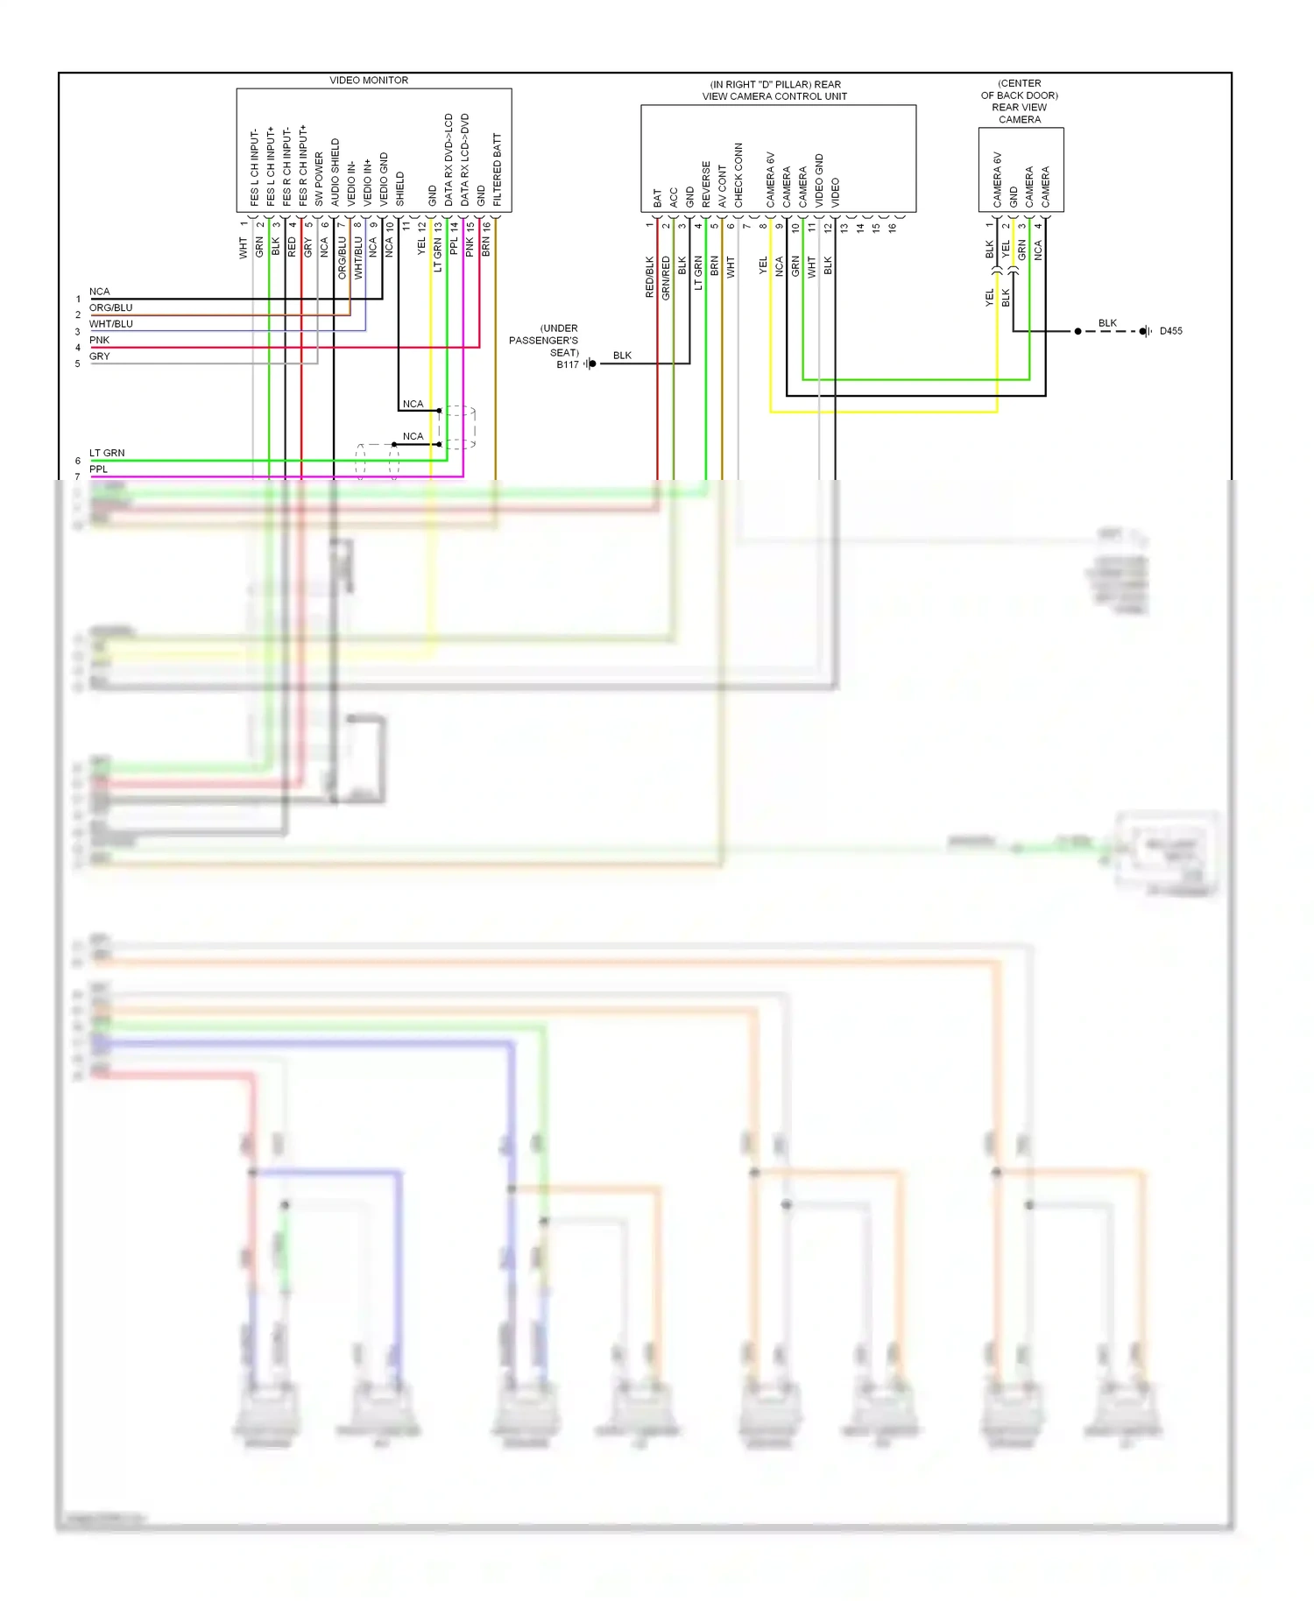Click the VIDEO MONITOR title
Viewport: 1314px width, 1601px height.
coord(369,80)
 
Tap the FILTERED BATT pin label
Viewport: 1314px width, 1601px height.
coord(498,170)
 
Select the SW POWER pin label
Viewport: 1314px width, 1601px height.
coord(319,180)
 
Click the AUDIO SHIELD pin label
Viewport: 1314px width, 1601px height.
coord(336,173)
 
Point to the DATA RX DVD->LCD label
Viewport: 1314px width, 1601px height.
coord(449,160)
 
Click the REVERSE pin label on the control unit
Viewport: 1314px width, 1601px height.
coord(706,184)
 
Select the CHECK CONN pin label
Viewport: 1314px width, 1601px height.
coord(738,175)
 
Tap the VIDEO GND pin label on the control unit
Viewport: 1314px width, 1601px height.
coord(819,180)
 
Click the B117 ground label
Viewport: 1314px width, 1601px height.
coord(567,364)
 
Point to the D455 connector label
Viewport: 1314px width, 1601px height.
coord(1170,331)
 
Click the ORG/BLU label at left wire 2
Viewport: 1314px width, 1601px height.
coord(110,307)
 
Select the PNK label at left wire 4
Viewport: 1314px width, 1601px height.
coord(99,340)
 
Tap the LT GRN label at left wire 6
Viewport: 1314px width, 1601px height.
coord(107,453)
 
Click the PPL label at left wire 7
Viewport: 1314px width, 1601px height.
coord(98,469)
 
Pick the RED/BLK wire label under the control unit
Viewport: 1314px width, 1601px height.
coord(650,277)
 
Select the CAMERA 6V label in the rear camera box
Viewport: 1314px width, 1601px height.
coord(997,180)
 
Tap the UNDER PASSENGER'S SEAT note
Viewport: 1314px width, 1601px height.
coord(544,340)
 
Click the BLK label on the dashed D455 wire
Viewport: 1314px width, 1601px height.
coord(1107,323)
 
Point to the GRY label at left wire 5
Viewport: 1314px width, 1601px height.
coord(99,356)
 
